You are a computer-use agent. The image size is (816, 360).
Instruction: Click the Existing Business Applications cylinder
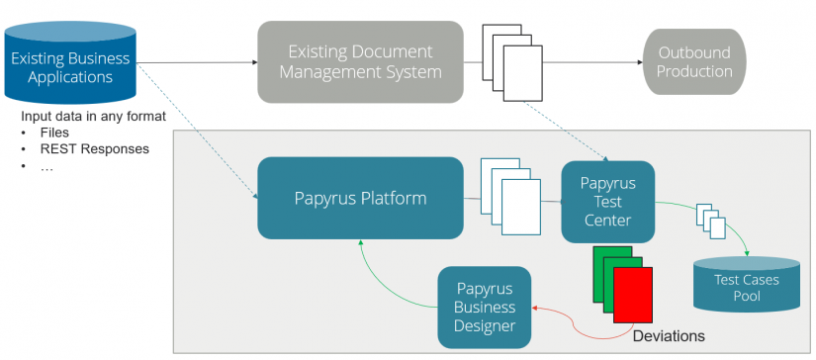[69, 64]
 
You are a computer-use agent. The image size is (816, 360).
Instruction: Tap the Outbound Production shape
[696, 61]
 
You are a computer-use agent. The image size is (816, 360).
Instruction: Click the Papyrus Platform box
[360, 198]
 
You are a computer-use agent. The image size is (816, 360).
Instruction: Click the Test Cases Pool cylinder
[747, 287]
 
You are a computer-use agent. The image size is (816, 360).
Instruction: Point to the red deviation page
[632, 296]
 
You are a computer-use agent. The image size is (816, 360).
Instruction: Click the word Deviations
[668, 336]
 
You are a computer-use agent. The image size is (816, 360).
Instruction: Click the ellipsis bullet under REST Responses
[46, 167]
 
